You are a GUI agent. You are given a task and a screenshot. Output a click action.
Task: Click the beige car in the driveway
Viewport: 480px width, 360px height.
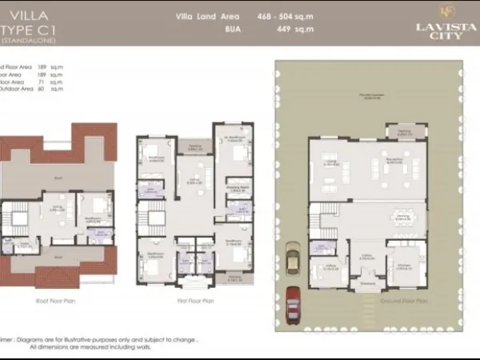coord(293,262)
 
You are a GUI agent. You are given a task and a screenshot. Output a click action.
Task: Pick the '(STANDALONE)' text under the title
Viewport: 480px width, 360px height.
coord(23,40)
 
